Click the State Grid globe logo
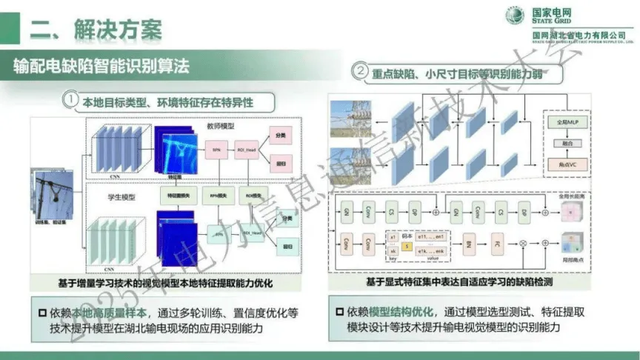coord(516,16)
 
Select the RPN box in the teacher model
coord(216,150)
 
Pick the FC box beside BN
coord(497,242)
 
